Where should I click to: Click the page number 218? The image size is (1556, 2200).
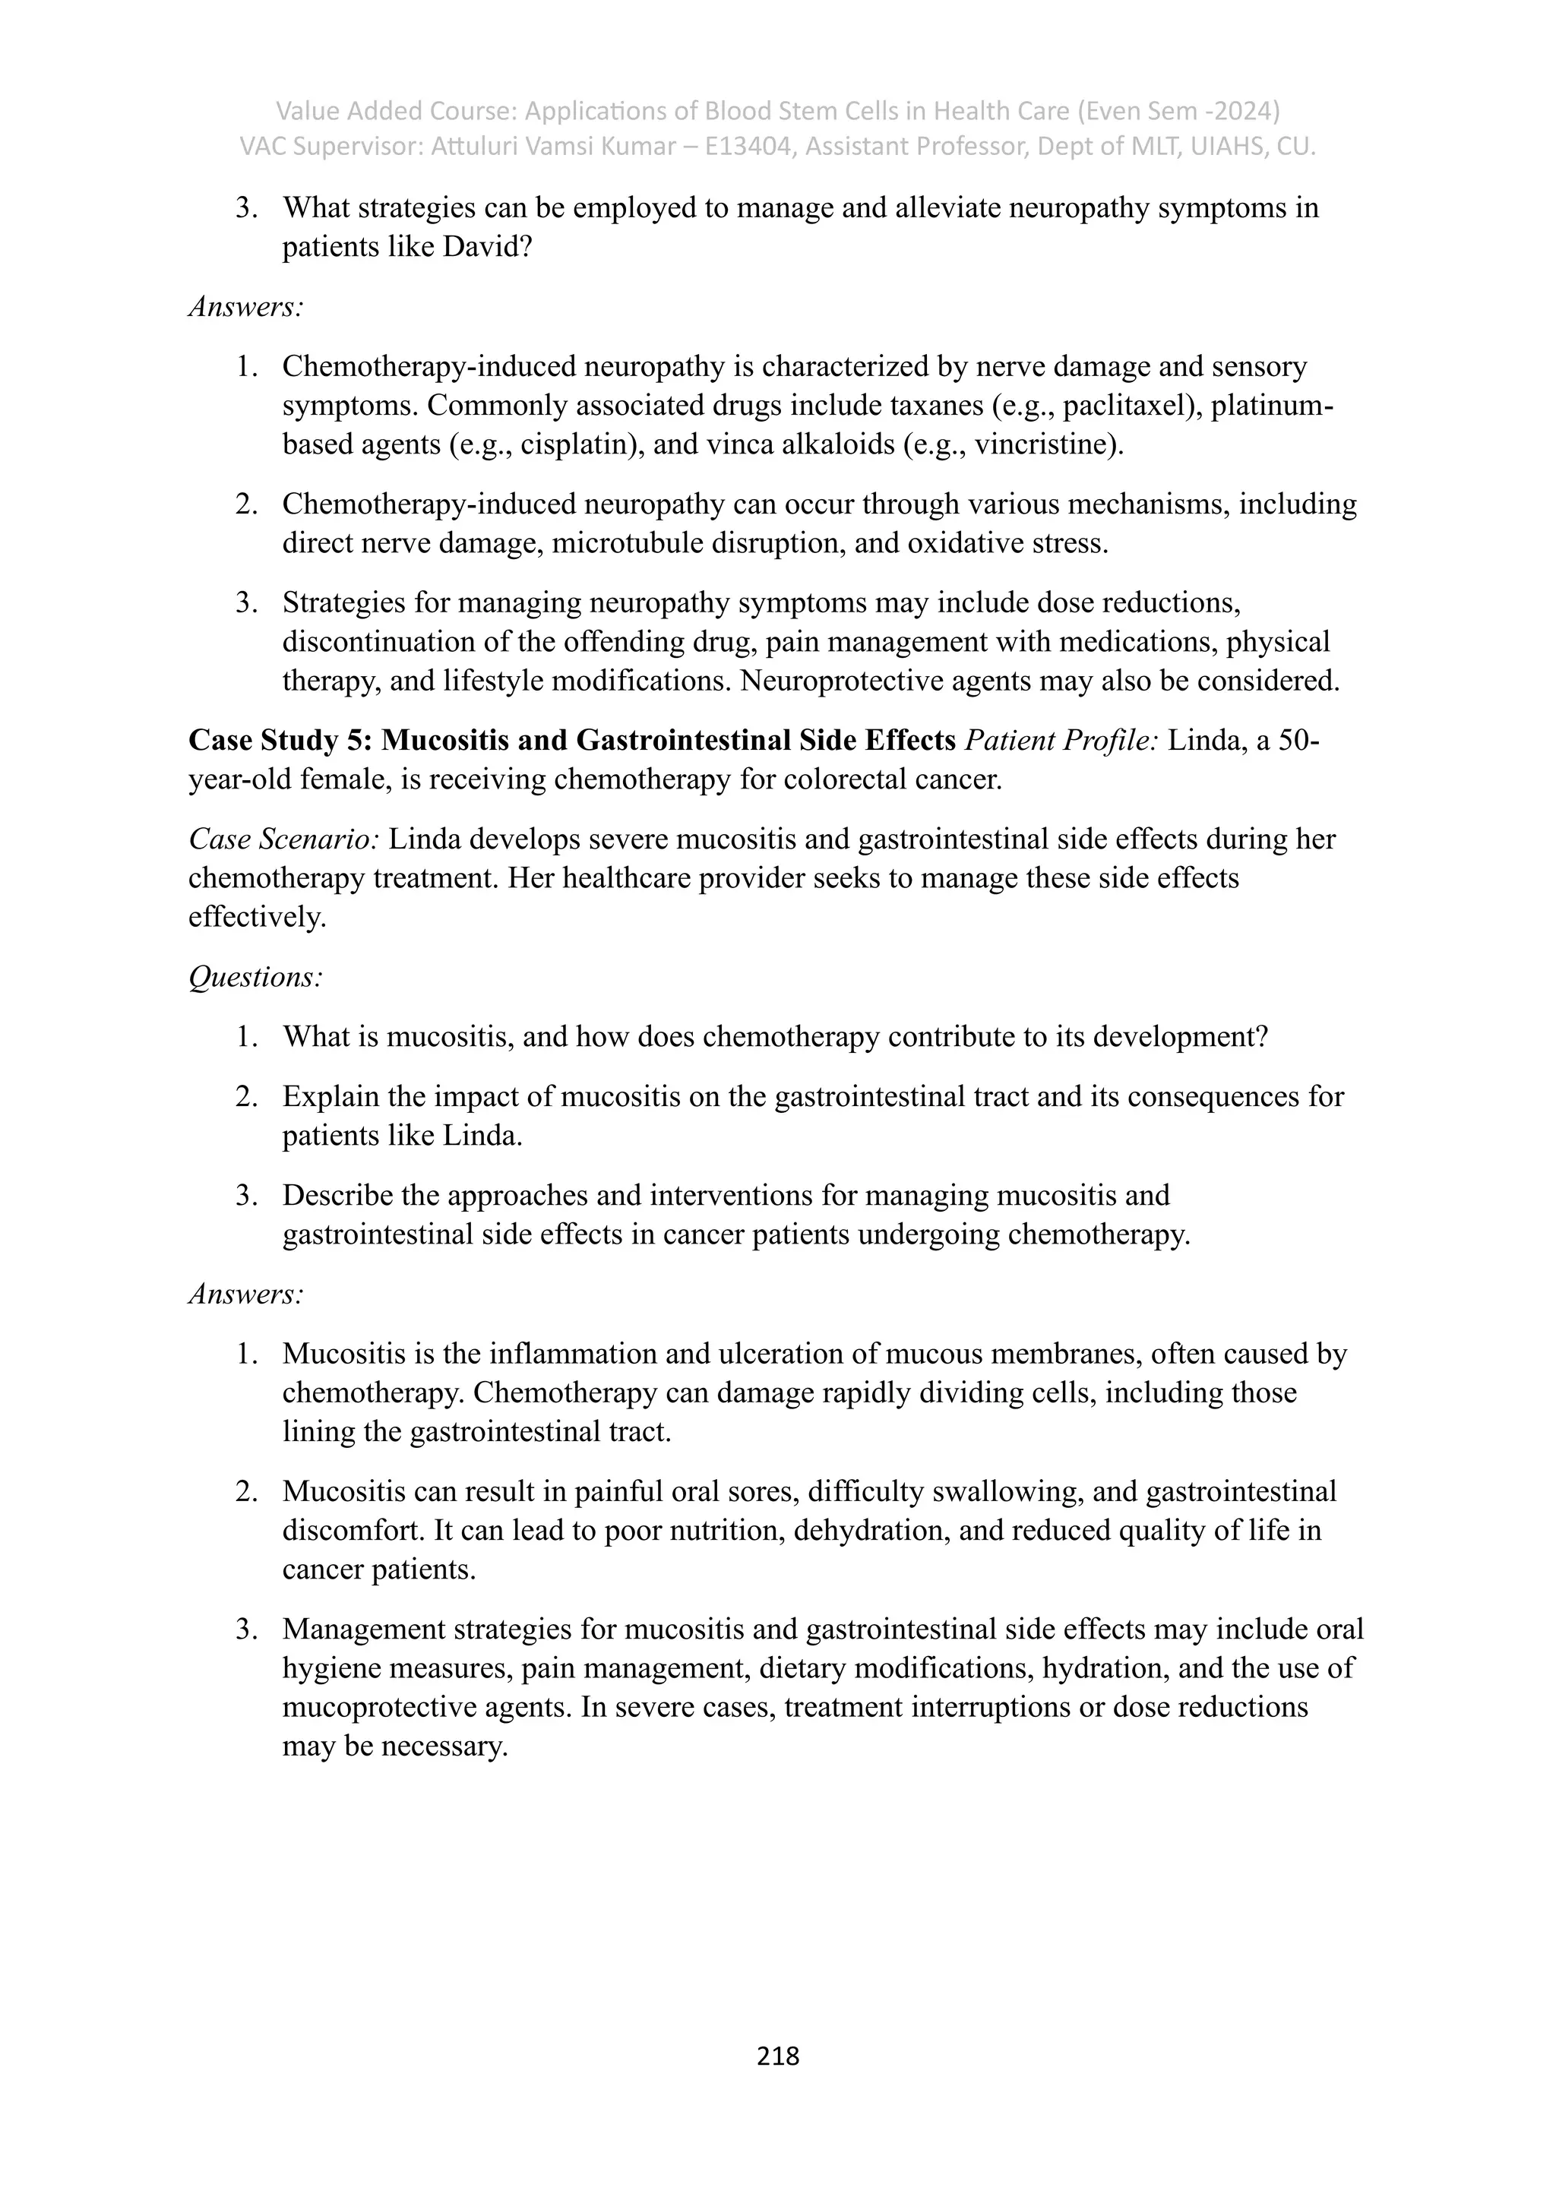coord(777,2056)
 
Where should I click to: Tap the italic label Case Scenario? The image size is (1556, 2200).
coord(285,839)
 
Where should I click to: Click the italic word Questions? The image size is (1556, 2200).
coord(255,978)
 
